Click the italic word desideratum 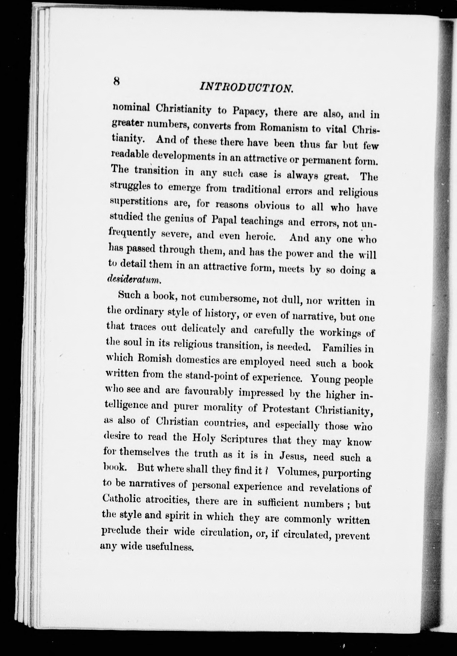[x=134, y=280]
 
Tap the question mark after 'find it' [x=266, y=471]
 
